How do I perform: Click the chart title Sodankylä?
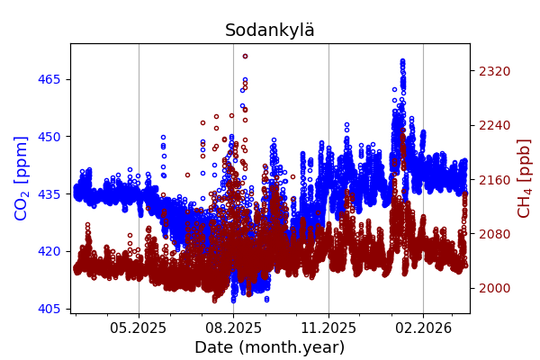270,30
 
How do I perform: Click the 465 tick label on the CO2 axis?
49,79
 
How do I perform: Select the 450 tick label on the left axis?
49,137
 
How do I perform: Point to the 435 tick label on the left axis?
49,193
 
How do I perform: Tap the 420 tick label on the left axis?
49,251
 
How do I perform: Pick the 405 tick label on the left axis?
49,309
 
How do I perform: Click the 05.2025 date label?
139,328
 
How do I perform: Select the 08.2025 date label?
233,328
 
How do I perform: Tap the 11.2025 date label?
328,328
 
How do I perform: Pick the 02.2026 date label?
423,328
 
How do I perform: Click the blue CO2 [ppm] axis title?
22,178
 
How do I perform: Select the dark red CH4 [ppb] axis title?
524,178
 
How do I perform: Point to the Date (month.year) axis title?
270,347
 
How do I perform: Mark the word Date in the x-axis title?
214,347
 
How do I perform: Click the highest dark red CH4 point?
245,56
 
